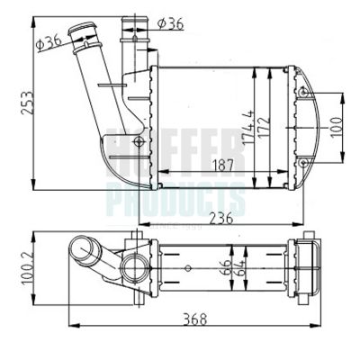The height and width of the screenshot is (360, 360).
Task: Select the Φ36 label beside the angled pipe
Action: (x=50, y=38)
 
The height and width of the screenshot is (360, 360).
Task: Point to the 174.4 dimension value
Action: (x=244, y=123)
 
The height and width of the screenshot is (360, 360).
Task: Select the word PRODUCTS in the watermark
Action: (x=176, y=196)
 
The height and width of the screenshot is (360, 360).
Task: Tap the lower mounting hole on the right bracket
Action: (x=303, y=163)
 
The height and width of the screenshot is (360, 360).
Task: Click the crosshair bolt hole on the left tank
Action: (x=138, y=141)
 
